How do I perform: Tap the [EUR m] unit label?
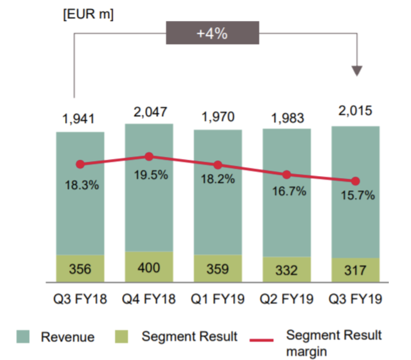[x=88, y=14]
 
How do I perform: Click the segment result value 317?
[x=355, y=270]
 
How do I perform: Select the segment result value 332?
[x=287, y=270]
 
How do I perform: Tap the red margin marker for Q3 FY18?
[x=80, y=164]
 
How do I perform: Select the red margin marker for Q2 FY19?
[x=287, y=175]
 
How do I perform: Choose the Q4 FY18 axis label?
[x=149, y=300]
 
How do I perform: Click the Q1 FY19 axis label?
[x=218, y=300]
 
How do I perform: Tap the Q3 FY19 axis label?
[x=355, y=300]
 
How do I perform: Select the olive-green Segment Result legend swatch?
[x=123, y=337]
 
